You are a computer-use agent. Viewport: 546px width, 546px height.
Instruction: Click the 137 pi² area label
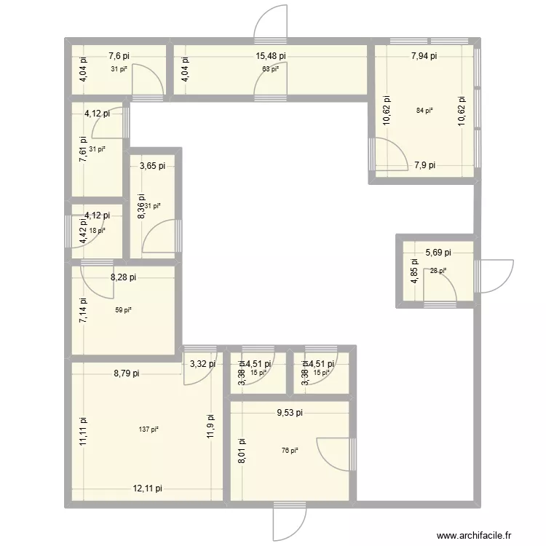[148, 429]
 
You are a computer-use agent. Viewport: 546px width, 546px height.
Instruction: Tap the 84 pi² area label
[424, 111]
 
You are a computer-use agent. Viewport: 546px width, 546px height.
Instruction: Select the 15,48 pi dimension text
[270, 55]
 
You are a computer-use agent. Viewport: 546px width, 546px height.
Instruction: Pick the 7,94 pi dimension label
[424, 55]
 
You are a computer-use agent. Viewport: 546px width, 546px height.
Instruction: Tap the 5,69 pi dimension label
[438, 253]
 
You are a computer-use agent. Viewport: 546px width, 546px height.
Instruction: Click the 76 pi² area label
[290, 451]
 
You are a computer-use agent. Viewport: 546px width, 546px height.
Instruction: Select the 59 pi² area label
[124, 310]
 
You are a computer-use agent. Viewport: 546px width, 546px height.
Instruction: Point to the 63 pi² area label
[270, 69]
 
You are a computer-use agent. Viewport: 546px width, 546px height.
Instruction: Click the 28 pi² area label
[438, 271]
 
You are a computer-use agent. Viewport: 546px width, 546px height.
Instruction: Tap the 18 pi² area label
[97, 230]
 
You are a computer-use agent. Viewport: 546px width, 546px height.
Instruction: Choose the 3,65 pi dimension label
[152, 165]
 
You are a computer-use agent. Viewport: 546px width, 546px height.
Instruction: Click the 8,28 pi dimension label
[123, 277]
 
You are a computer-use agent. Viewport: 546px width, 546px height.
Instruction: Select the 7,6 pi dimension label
[119, 55]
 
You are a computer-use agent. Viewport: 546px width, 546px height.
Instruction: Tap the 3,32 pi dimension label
[202, 363]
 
